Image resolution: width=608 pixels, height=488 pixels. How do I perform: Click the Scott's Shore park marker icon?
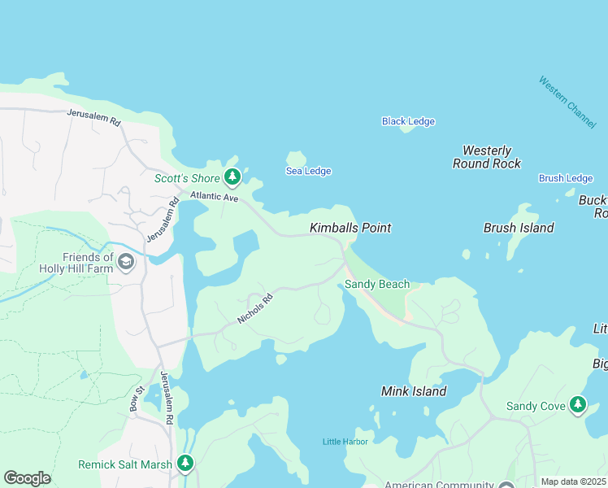232,176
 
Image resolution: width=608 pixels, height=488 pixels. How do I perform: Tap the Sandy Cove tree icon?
577,405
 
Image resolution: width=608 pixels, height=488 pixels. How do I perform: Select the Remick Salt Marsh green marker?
185,464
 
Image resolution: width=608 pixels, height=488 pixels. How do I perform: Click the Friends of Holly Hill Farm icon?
125,262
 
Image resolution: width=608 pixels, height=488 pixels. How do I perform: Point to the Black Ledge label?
408,122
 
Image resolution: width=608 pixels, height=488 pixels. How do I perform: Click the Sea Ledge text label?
308,171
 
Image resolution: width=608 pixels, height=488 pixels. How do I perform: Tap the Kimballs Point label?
350,228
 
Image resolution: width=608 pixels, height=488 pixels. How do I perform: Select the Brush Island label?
519,228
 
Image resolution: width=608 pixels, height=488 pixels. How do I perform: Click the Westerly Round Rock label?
486,157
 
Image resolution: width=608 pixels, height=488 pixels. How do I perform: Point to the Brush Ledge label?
566,178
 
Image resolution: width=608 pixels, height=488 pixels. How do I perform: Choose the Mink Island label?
414,391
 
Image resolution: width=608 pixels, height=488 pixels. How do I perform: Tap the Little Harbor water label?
345,442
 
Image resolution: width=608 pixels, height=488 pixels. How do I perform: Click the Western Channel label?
567,101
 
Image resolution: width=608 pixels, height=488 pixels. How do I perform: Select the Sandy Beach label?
376,285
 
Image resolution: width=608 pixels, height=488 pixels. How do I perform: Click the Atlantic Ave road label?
214,196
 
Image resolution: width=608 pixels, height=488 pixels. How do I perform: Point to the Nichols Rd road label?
255,308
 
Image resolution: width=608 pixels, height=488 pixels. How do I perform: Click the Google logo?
27,478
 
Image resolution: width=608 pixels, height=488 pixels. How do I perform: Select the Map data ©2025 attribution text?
573,481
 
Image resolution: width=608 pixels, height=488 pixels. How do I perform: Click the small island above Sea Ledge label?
296,158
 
